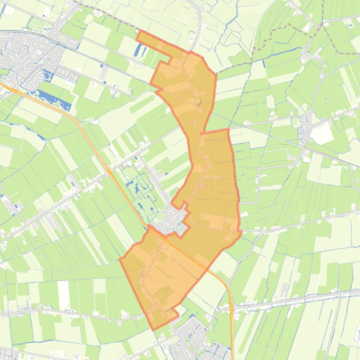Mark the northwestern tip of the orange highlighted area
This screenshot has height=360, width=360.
click(139, 32)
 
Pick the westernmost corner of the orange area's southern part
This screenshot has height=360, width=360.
click(121, 259)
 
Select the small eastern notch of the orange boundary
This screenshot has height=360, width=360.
click(240, 231)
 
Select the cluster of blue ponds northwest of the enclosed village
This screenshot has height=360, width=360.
click(140, 185)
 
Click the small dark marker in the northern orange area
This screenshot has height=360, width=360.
click(199, 101)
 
